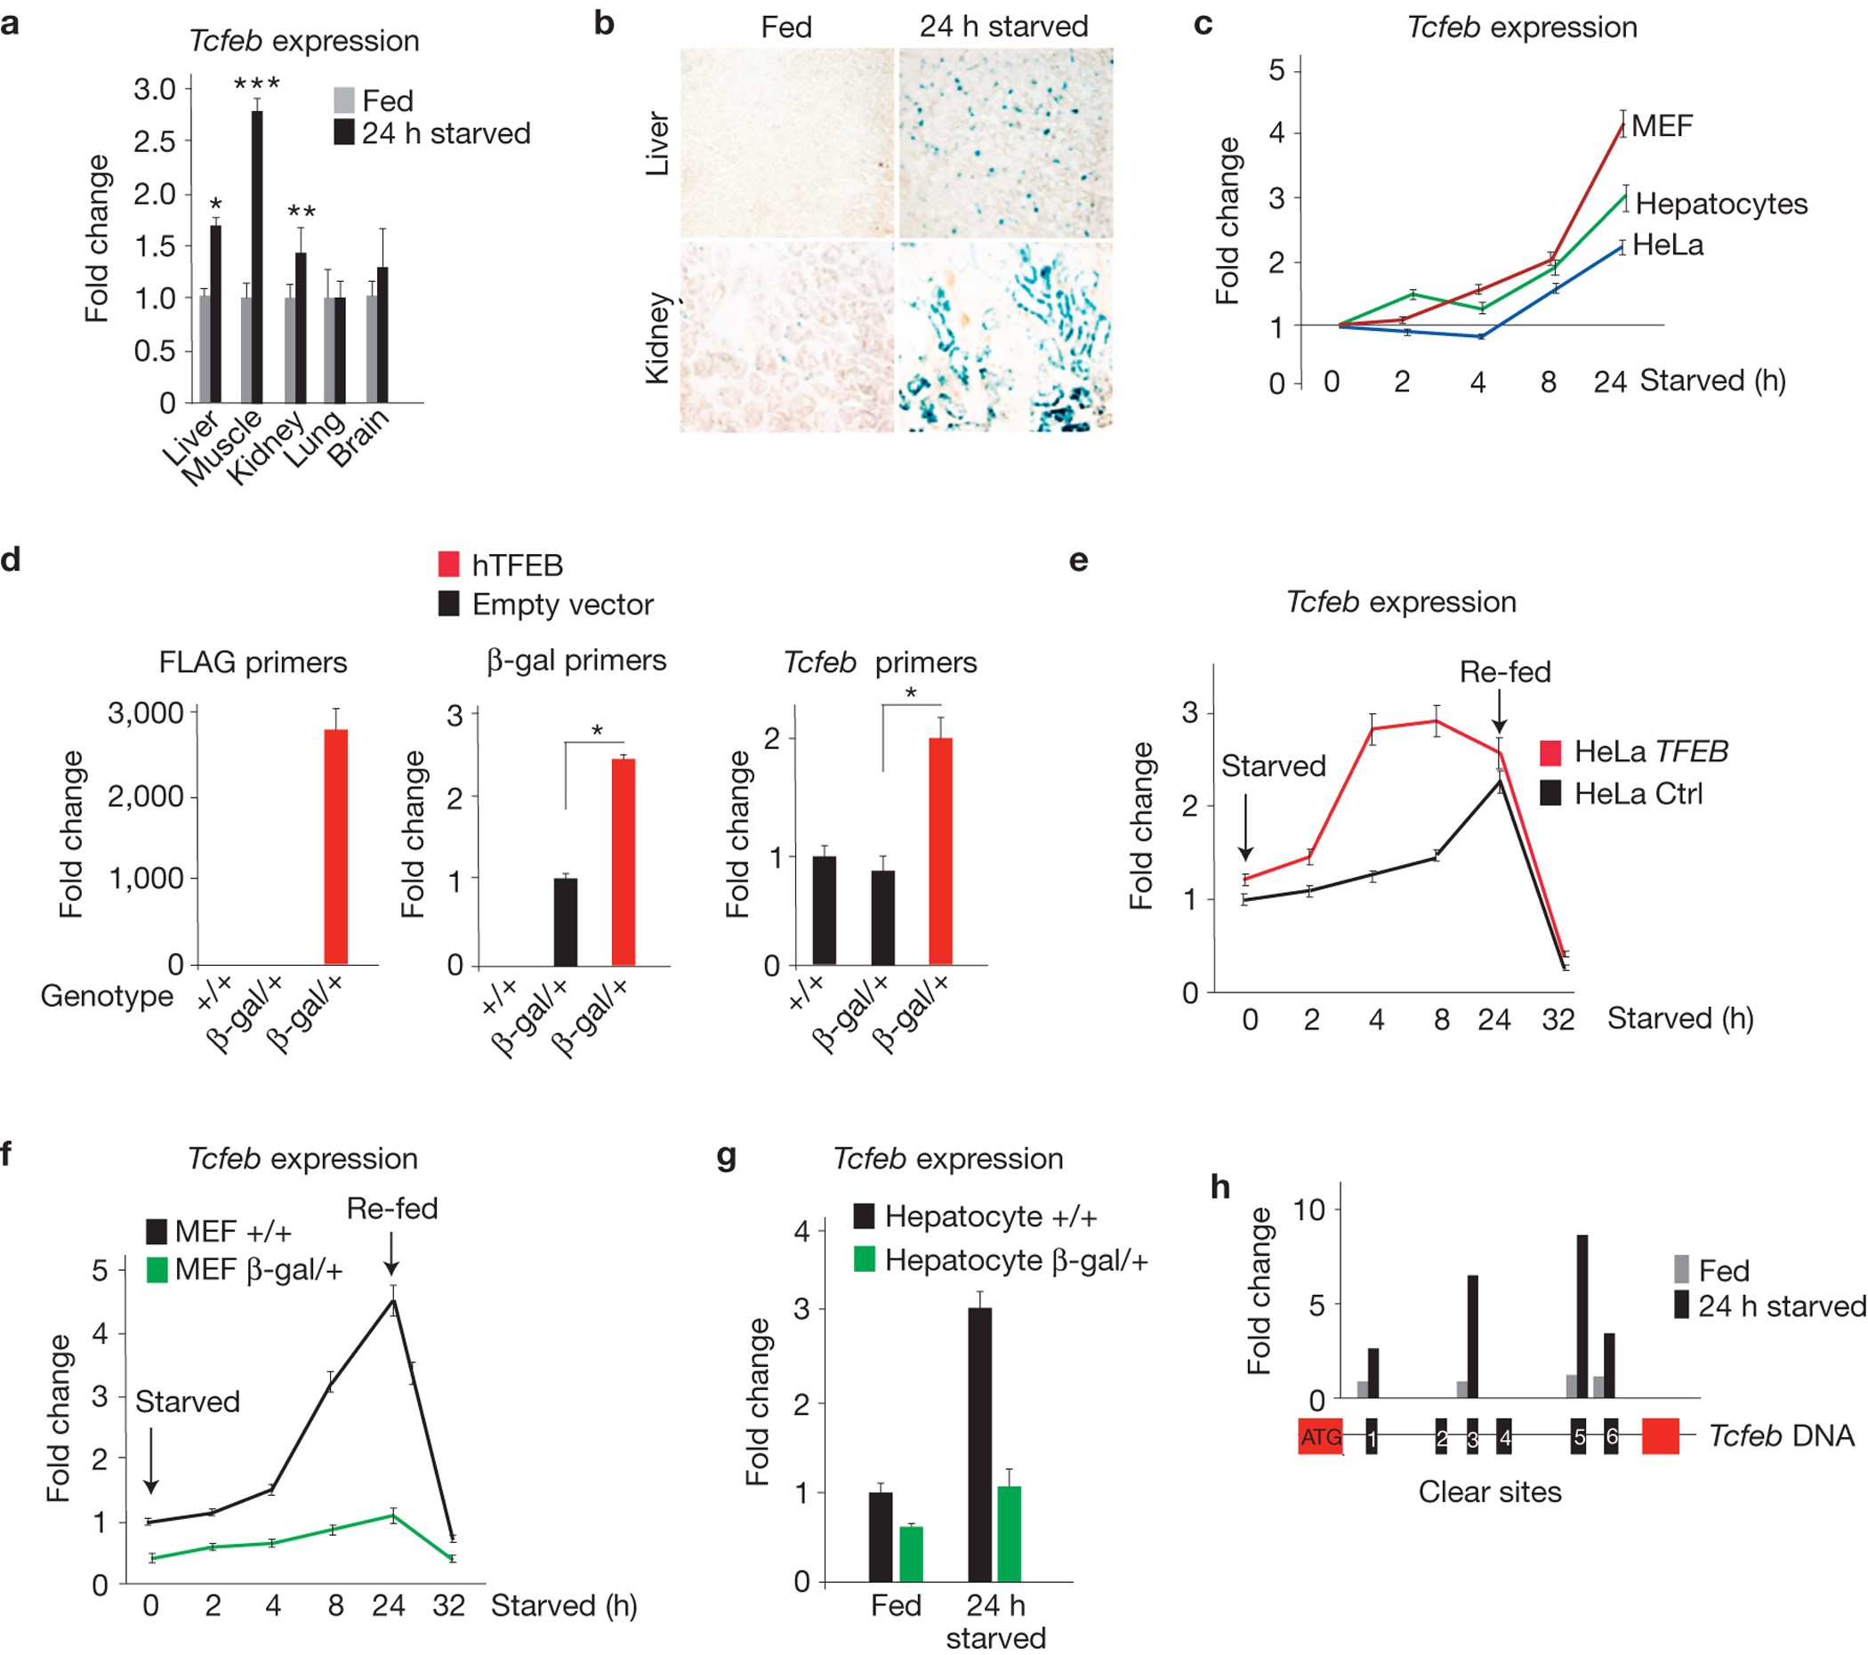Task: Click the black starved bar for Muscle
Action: click(x=257, y=257)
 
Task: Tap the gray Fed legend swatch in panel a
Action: click(x=343, y=100)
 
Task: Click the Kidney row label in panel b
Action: click(x=658, y=338)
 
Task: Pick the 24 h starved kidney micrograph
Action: click(x=1005, y=336)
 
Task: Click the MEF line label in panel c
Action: click(x=1662, y=125)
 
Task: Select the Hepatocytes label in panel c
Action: click(x=1721, y=203)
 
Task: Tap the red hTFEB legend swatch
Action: click(x=448, y=564)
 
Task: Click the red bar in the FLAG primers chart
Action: click(x=335, y=847)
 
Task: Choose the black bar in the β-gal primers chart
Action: click(x=566, y=921)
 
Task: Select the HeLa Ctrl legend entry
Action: click(x=1622, y=792)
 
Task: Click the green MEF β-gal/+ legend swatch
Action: click(x=157, y=1269)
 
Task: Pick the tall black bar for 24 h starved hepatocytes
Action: click(x=979, y=1445)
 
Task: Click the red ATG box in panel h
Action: click(x=1321, y=1436)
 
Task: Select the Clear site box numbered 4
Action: click(x=1503, y=1436)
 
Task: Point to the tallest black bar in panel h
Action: click(x=1582, y=1317)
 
